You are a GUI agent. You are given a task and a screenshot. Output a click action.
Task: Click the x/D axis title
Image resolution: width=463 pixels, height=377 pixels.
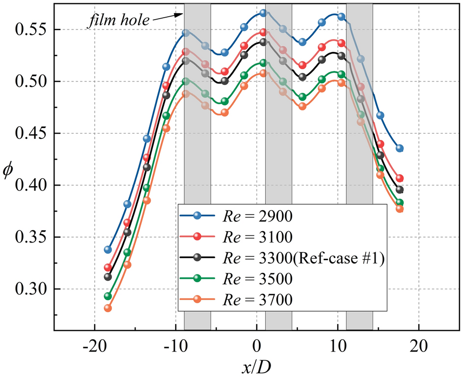256,365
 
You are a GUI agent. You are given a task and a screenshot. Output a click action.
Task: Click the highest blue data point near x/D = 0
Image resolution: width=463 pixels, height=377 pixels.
263,13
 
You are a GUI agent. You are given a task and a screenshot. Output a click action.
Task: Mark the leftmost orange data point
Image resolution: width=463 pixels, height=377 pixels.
108,308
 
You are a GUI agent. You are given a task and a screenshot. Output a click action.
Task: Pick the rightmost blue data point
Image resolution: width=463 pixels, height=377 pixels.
400,148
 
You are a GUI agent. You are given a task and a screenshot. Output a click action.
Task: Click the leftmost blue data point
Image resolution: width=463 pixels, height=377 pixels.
108,249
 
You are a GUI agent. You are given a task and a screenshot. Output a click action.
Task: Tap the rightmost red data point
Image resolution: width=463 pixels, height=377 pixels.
400,178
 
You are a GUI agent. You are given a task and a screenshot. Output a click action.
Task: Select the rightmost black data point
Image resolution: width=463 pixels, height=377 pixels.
400,189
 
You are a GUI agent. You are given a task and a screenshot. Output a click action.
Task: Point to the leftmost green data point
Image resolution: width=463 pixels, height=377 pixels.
108,296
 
